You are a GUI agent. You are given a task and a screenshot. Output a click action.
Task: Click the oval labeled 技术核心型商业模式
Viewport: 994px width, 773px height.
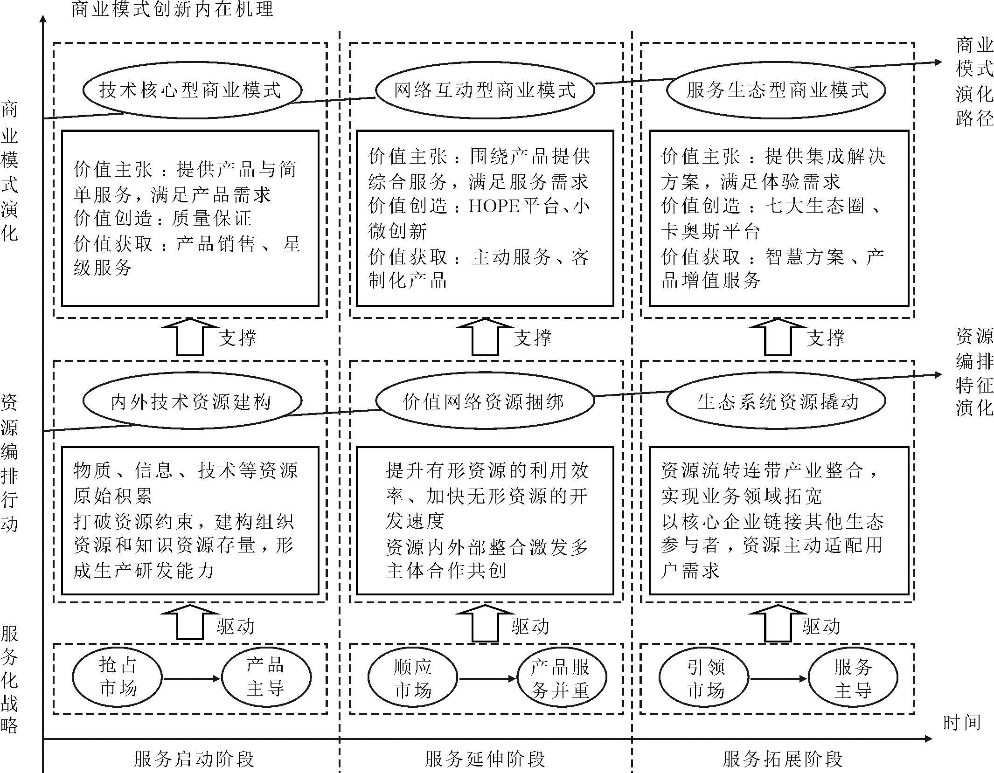click(x=192, y=90)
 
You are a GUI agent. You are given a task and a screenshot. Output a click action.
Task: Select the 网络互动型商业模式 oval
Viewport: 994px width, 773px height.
click(x=485, y=90)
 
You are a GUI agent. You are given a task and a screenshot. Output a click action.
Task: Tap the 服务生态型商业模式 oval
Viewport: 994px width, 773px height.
click(x=776, y=90)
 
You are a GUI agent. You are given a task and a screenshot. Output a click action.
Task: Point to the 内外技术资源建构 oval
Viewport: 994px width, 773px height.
click(x=192, y=401)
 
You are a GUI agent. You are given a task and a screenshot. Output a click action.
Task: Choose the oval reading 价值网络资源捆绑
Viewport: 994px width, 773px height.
click(x=485, y=401)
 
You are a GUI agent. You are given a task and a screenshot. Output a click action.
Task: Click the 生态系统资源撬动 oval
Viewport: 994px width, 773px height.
click(x=776, y=401)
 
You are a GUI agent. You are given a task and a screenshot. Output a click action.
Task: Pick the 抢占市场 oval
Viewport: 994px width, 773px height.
click(x=117, y=677)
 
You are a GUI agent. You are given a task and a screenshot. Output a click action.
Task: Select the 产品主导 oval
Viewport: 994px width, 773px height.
click(x=266, y=677)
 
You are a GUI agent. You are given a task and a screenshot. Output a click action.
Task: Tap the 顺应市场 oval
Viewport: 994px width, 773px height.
click(x=412, y=678)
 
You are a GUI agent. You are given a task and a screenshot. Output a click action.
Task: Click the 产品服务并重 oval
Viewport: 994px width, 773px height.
click(x=561, y=678)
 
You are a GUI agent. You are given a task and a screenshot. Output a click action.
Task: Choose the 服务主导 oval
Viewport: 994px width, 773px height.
click(x=853, y=678)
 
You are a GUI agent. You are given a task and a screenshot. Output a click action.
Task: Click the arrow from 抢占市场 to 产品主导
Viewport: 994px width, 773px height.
click(x=191, y=678)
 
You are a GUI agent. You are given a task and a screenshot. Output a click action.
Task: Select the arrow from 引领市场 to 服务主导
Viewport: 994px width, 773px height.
click(x=778, y=679)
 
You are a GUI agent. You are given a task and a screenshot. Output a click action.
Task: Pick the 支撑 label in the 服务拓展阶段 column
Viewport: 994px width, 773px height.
click(x=825, y=338)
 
